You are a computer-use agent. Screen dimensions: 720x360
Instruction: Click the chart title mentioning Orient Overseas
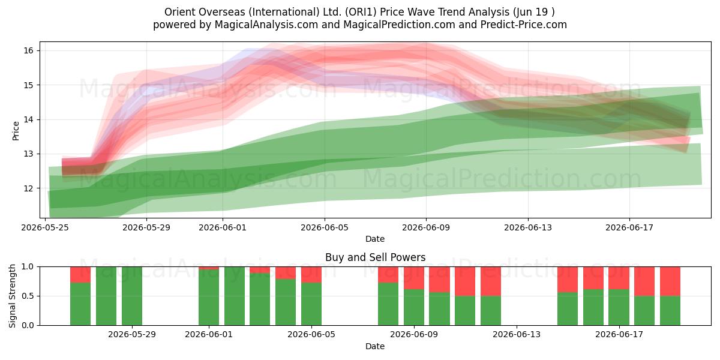(359, 12)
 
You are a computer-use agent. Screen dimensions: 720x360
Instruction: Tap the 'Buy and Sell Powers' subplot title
(375, 257)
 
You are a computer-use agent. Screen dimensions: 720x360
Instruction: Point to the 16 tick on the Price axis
(28, 50)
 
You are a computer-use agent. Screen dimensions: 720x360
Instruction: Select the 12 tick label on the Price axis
(28, 188)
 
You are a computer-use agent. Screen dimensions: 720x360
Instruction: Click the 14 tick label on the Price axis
(28, 119)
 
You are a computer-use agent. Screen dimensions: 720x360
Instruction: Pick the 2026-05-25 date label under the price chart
(45, 227)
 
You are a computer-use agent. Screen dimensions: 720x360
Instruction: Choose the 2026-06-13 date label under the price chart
(528, 227)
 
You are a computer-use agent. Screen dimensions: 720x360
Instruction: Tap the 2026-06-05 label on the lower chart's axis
(311, 334)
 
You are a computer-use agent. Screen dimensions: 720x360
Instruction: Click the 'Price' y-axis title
(16, 131)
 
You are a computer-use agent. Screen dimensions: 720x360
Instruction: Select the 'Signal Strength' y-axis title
(12, 296)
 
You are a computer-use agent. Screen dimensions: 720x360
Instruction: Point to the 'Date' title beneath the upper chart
(375, 239)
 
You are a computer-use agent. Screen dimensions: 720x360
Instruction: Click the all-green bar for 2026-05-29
(132, 296)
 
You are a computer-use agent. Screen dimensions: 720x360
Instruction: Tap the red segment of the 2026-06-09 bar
(414, 278)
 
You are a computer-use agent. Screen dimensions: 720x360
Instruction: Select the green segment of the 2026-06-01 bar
(209, 298)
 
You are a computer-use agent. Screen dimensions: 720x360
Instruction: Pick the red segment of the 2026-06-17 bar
(619, 278)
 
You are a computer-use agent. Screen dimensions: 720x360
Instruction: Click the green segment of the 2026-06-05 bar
(311, 304)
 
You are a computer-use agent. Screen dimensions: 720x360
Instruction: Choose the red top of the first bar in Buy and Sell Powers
(80, 275)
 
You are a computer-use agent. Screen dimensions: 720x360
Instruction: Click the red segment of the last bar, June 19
(670, 281)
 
